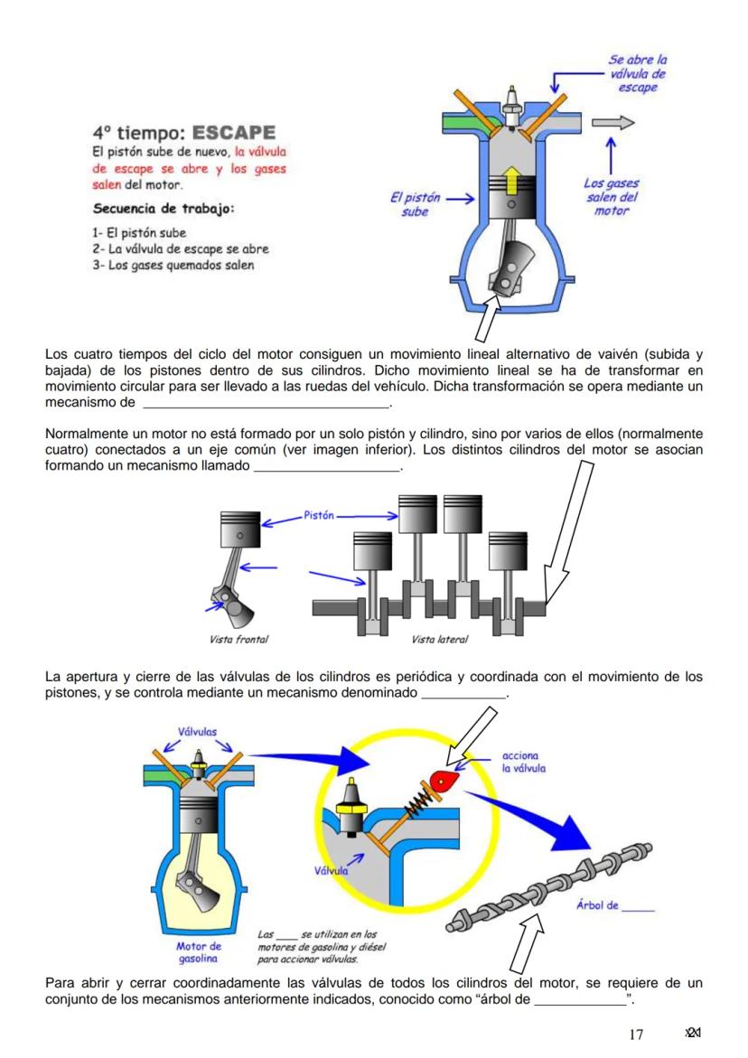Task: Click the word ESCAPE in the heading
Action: (x=232, y=133)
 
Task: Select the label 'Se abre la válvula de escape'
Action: (x=638, y=73)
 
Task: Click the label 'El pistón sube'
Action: (x=416, y=204)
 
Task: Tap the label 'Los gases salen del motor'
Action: (x=612, y=197)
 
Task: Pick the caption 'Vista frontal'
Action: (x=238, y=639)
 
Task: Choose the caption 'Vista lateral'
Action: (x=439, y=639)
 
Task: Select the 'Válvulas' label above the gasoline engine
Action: (x=196, y=733)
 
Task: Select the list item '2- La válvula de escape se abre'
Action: (x=182, y=249)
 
